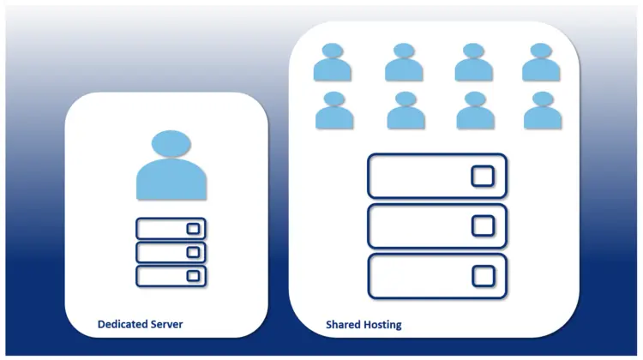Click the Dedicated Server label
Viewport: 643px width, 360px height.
[140, 325]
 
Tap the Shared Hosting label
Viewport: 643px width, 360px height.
[364, 326]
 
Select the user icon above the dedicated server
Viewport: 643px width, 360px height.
[171, 166]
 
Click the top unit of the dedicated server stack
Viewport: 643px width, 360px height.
[171, 229]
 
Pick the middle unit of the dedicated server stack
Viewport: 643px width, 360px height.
[171, 252]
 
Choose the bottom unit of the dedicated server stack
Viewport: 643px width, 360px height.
[171, 275]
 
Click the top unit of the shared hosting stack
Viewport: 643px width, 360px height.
[437, 176]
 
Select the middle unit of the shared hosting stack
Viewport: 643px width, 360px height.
[437, 225]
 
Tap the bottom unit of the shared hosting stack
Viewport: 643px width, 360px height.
[437, 275]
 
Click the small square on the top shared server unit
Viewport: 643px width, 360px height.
[483, 176]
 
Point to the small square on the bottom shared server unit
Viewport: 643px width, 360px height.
[483, 275]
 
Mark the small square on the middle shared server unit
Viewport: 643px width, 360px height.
[483, 225]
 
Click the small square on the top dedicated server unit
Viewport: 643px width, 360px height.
[194, 229]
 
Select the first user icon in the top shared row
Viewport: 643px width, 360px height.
[333, 63]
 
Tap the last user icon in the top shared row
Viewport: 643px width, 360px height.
[542, 63]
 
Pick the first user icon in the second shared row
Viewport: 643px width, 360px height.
[334, 111]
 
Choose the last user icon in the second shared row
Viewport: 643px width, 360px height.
[543, 111]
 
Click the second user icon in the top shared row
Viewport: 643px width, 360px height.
[404, 63]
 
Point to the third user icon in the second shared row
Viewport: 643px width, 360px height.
[475, 111]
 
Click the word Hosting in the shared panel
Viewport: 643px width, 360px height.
[382, 326]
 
